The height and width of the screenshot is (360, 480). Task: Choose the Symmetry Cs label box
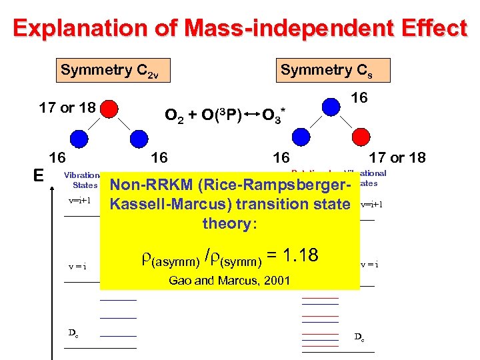pyautogui.click(x=334, y=70)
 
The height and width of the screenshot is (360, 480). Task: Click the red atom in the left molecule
pyautogui.click(x=111, y=108)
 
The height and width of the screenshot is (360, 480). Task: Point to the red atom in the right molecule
pyautogui.click(x=361, y=138)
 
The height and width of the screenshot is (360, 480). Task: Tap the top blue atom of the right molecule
pyautogui.click(x=331, y=106)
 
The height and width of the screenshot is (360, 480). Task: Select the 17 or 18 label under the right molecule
pyautogui.click(x=397, y=158)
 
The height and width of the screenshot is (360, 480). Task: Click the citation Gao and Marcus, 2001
pyautogui.click(x=229, y=281)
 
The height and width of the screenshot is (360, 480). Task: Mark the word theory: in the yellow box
pyautogui.click(x=229, y=223)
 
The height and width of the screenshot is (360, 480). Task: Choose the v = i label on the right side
pyautogui.click(x=369, y=264)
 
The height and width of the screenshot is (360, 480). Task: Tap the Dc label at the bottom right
pyautogui.click(x=359, y=337)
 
